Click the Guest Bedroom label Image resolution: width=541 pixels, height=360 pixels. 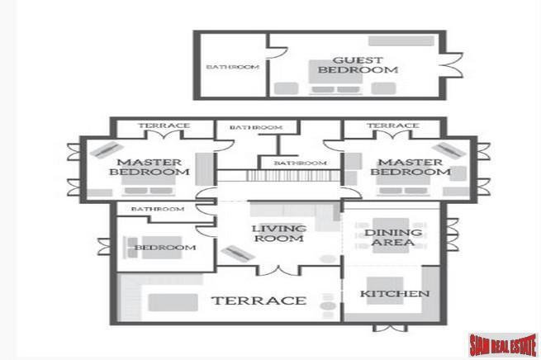[x=358, y=65]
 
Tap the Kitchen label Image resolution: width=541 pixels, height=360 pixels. [x=395, y=294]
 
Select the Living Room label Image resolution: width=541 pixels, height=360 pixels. [x=279, y=234]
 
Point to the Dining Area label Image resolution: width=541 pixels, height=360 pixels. [x=393, y=238]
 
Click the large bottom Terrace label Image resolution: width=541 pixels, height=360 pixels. [x=259, y=301]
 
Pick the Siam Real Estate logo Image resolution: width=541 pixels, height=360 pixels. [x=502, y=344]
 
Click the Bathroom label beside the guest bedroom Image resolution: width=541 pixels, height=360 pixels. [x=233, y=67]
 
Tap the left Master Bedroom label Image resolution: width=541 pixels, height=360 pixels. [x=149, y=167]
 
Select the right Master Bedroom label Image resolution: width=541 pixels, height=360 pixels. [x=410, y=167]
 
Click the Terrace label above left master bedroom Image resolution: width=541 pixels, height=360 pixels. [x=164, y=126]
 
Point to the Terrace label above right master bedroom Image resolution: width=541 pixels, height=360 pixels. [x=393, y=126]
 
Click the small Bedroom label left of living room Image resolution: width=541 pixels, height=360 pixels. [x=165, y=247]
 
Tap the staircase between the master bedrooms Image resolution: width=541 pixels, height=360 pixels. [x=293, y=176]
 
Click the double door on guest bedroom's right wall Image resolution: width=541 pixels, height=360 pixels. [x=452, y=65]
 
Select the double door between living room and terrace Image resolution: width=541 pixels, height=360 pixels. [x=278, y=270]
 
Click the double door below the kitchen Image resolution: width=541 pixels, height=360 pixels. [x=390, y=328]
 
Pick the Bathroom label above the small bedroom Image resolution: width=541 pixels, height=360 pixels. [x=158, y=209]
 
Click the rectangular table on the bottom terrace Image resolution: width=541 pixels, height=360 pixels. [x=173, y=302]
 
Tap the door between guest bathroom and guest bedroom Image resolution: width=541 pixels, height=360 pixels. [x=277, y=53]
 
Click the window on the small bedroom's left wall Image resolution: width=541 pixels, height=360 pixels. [x=104, y=247]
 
